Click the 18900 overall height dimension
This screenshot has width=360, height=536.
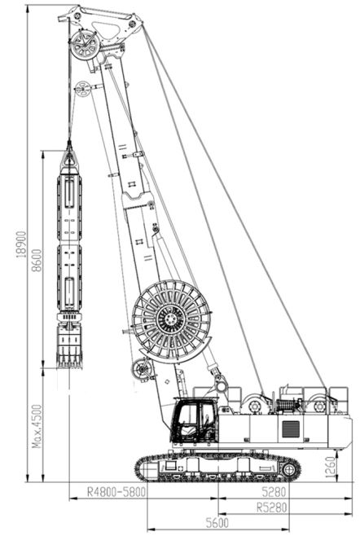click(x=22, y=244)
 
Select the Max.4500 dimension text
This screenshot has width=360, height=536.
click(x=37, y=426)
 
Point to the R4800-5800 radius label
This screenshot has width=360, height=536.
click(x=116, y=492)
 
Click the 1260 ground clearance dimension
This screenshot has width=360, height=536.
click(x=330, y=467)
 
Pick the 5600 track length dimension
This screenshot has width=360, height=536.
click(x=217, y=523)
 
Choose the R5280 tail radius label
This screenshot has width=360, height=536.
click(x=271, y=507)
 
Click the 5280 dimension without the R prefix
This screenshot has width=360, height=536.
click(x=274, y=492)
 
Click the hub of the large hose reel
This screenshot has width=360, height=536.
click(x=170, y=320)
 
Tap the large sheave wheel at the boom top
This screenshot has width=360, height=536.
click(x=85, y=45)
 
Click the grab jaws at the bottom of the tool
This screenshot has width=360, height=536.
click(x=69, y=347)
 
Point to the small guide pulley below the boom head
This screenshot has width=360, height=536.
click(x=82, y=89)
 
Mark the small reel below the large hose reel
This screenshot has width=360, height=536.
click(x=141, y=369)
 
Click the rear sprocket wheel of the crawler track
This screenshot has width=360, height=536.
click(x=289, y=470)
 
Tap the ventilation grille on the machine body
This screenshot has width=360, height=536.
click(x=291, y=429)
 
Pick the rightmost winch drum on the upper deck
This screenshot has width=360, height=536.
click(x=320, y=406)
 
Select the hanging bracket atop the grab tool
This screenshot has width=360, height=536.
click(x=69, y=159)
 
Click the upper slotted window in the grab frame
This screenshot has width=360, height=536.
click(x=69, y=194)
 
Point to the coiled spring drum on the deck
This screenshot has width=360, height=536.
click(x=287, y=406)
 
